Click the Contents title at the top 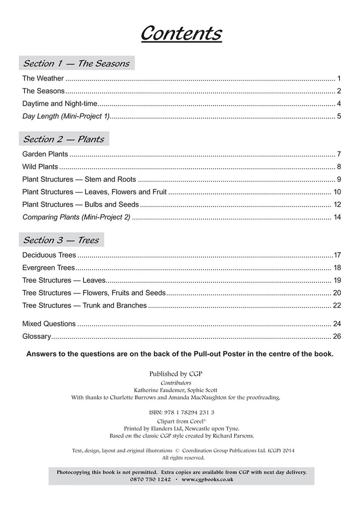pos(181,33)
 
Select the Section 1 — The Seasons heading pos(76,63)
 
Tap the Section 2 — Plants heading pos(64,139)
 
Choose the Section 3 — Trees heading pos(61,240)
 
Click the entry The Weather pos(43,79)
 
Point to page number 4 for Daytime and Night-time pos(339,104)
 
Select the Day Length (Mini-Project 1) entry pos(66,116)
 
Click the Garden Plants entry pos(45,154)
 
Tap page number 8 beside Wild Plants pos(339,167)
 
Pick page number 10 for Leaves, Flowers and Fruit pos(337,192)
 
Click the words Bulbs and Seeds pos(112,205)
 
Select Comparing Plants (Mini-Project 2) pos(76,217)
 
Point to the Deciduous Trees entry pos(49,255)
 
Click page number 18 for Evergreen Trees pos(337,268)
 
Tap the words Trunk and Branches pos(115,305)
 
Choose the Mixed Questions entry pos(49,324)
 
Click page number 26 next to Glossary pos(337,336)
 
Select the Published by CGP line pos(176,374)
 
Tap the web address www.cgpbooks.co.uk pos(208,479)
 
